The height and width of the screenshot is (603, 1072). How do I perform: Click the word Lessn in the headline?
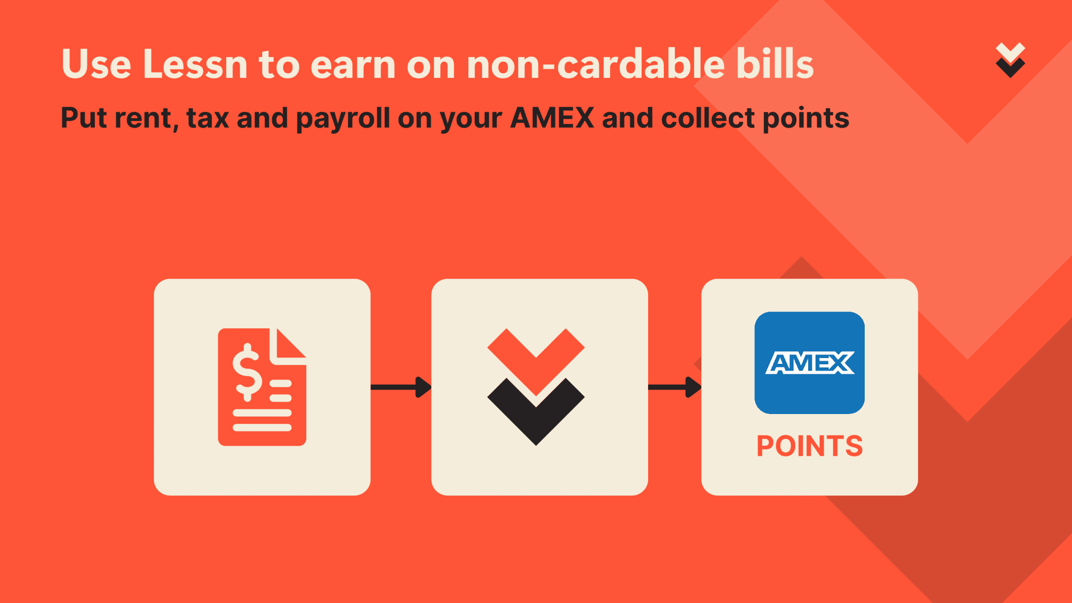[x=195, y=64]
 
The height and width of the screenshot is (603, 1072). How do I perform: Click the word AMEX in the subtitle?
[x=553, y=118]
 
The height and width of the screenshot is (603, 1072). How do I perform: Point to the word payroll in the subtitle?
[x=343, y=119]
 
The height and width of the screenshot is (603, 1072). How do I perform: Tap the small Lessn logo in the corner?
[x=1010, y=60]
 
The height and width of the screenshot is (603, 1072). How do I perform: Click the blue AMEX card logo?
[x=809, y=363]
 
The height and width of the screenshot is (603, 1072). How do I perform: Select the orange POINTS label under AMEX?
[x=809, y=446]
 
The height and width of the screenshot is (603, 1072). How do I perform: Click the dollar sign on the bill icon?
[x=247, y=372]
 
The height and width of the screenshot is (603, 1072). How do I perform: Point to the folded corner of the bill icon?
[x=288, y=346]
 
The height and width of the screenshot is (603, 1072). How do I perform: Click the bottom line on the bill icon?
[x=262, y=428]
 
